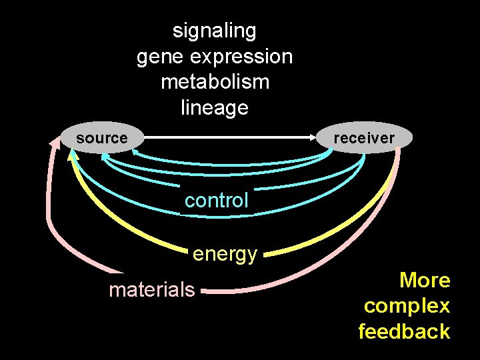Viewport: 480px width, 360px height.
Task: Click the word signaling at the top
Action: [x=214, y=31]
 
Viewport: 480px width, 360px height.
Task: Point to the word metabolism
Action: [x=215, y=82]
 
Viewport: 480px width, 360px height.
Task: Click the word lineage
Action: [x=215, y=107]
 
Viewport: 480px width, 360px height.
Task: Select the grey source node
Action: [x=101, y=138]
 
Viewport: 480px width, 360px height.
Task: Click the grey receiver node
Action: [x=364, y=138]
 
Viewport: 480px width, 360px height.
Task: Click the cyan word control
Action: [x=216, y=200]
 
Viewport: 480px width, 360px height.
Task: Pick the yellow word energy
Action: [x=225, y=254]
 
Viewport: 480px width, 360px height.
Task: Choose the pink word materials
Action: [x=152, y=289]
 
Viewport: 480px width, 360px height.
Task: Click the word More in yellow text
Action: [x=425, y=280]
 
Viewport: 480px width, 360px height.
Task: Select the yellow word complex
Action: [x=407, y=306]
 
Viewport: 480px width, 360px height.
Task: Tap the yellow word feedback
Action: [x=404, y=331]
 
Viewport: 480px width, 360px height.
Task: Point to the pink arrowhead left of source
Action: [x=54, y=144]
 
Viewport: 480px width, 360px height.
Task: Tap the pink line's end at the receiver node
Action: [x=399, y=150]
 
